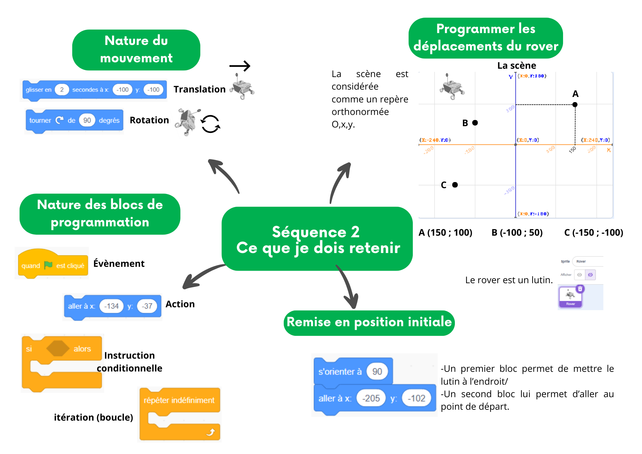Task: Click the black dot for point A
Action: point(575,105)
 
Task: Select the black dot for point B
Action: point(475,123)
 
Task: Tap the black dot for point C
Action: point(455,185)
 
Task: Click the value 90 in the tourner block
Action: point(87,120)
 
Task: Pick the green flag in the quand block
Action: point(48,265)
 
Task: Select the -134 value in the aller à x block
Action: point(111,306)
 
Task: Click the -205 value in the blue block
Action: point(371,398)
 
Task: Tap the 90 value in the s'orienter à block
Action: point(377,371)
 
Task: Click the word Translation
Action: point(199,89)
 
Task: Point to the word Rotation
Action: point(149,120)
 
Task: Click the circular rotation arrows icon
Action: point(210,124)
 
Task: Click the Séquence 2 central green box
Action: point(317,239)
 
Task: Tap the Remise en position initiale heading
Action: point(369,322)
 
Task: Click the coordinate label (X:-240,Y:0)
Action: point(435,140)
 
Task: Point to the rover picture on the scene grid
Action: point(452,87)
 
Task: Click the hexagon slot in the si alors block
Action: point(58,349)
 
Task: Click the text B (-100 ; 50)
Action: point(517,232)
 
